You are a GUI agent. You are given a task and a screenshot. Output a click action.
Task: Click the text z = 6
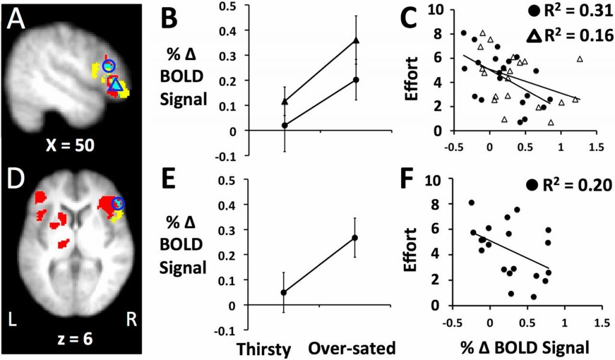(71, 338)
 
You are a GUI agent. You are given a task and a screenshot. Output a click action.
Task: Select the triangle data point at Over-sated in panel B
(356, 40)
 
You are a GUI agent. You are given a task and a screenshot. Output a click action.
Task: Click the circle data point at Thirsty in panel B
(285, 125)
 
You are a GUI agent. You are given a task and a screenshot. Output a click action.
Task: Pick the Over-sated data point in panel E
(355, 238)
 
